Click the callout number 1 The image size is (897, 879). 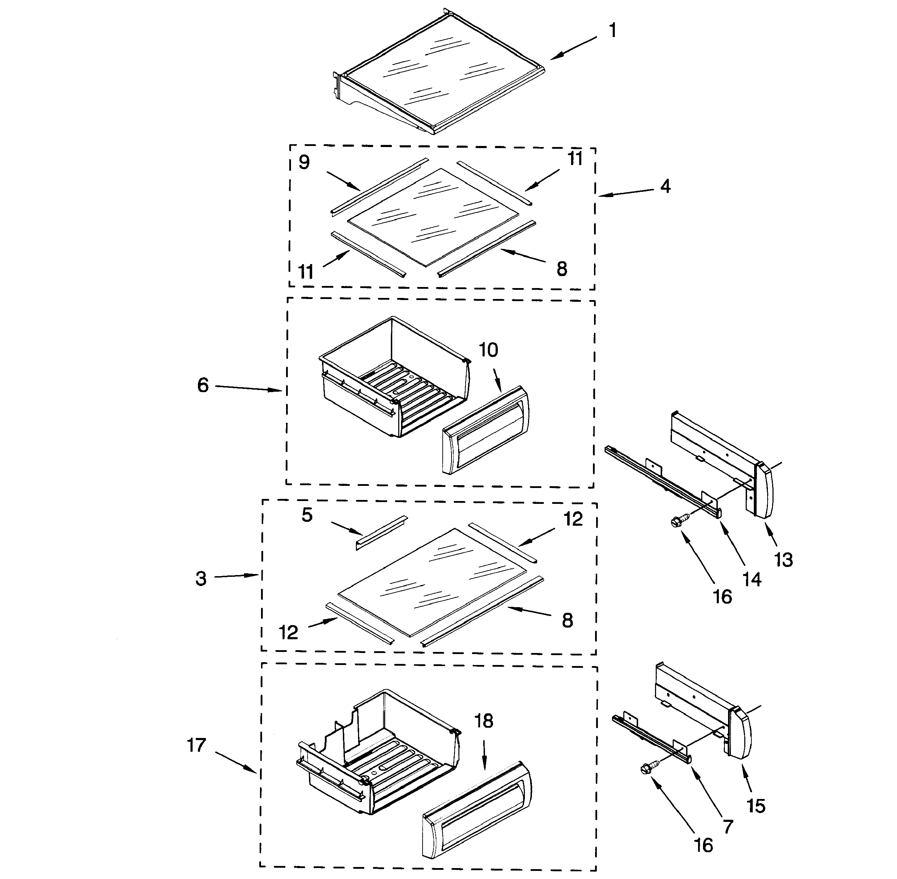point(612,31)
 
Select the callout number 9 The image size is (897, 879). point(304,163)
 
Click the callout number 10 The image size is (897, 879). point(488,350)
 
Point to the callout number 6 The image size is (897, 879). point(203,385)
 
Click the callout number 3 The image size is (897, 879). point(200,579)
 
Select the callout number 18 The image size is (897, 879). point(484,721)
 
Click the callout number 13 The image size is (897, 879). point(783,560)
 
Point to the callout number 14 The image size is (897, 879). point(752,579)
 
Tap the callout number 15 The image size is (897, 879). point(756,806)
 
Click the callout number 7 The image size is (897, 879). point(727,827)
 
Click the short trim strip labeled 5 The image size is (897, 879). point(382,533)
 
